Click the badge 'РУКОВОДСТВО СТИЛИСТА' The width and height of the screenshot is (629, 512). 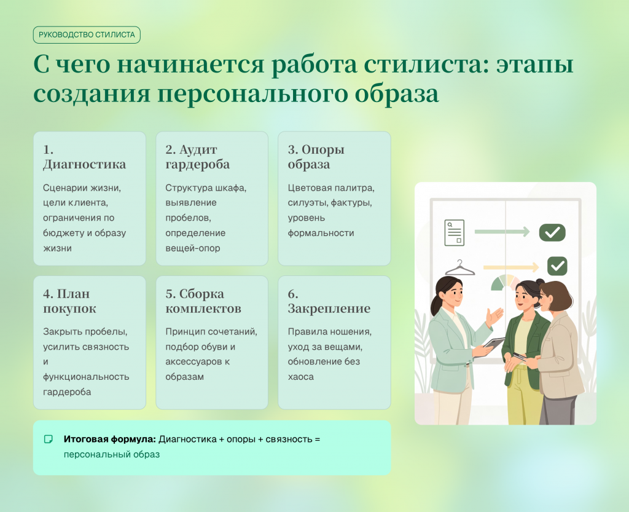coord(87,35)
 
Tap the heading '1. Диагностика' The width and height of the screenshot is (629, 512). coord(84,157)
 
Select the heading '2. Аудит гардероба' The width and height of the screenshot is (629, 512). coord(197,157)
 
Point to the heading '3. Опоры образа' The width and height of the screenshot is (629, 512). coord(316,157)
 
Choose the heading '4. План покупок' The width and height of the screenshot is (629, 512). coord(69,301)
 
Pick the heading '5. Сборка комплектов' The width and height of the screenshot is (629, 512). coord(203,301)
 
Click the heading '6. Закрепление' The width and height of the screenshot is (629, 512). coord(329,301)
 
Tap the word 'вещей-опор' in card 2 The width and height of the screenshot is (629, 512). coord(192,248)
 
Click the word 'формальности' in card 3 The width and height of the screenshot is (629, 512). coord(321,233)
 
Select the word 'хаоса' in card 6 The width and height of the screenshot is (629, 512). coord(300,377)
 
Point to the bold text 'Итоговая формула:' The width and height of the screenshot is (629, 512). coord(109,439)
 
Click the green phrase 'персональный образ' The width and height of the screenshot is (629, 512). coord(112,455)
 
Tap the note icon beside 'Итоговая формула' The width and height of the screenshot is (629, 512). coord(48,439)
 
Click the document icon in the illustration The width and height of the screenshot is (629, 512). coord(455,232)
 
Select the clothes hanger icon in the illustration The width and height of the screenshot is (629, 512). coord(460,268)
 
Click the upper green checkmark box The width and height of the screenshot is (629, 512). coord(552,232)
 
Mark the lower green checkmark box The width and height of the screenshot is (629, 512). coord(557,266)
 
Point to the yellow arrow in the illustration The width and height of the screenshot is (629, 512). coord(511,267)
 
